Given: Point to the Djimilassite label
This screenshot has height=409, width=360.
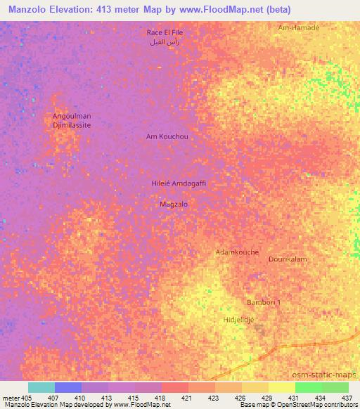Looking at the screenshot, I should click(72, 124).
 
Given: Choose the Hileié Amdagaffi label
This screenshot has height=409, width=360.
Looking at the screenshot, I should click(178, 183).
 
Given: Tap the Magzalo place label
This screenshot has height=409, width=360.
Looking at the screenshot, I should click(174, 204).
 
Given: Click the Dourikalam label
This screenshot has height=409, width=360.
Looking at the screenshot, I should click(288, 259).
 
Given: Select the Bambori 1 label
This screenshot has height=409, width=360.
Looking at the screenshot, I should click(264, 302).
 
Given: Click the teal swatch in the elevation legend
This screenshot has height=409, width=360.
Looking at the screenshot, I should click(41, 387).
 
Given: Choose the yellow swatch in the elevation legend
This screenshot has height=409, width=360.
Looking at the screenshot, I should click(281, 387).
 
